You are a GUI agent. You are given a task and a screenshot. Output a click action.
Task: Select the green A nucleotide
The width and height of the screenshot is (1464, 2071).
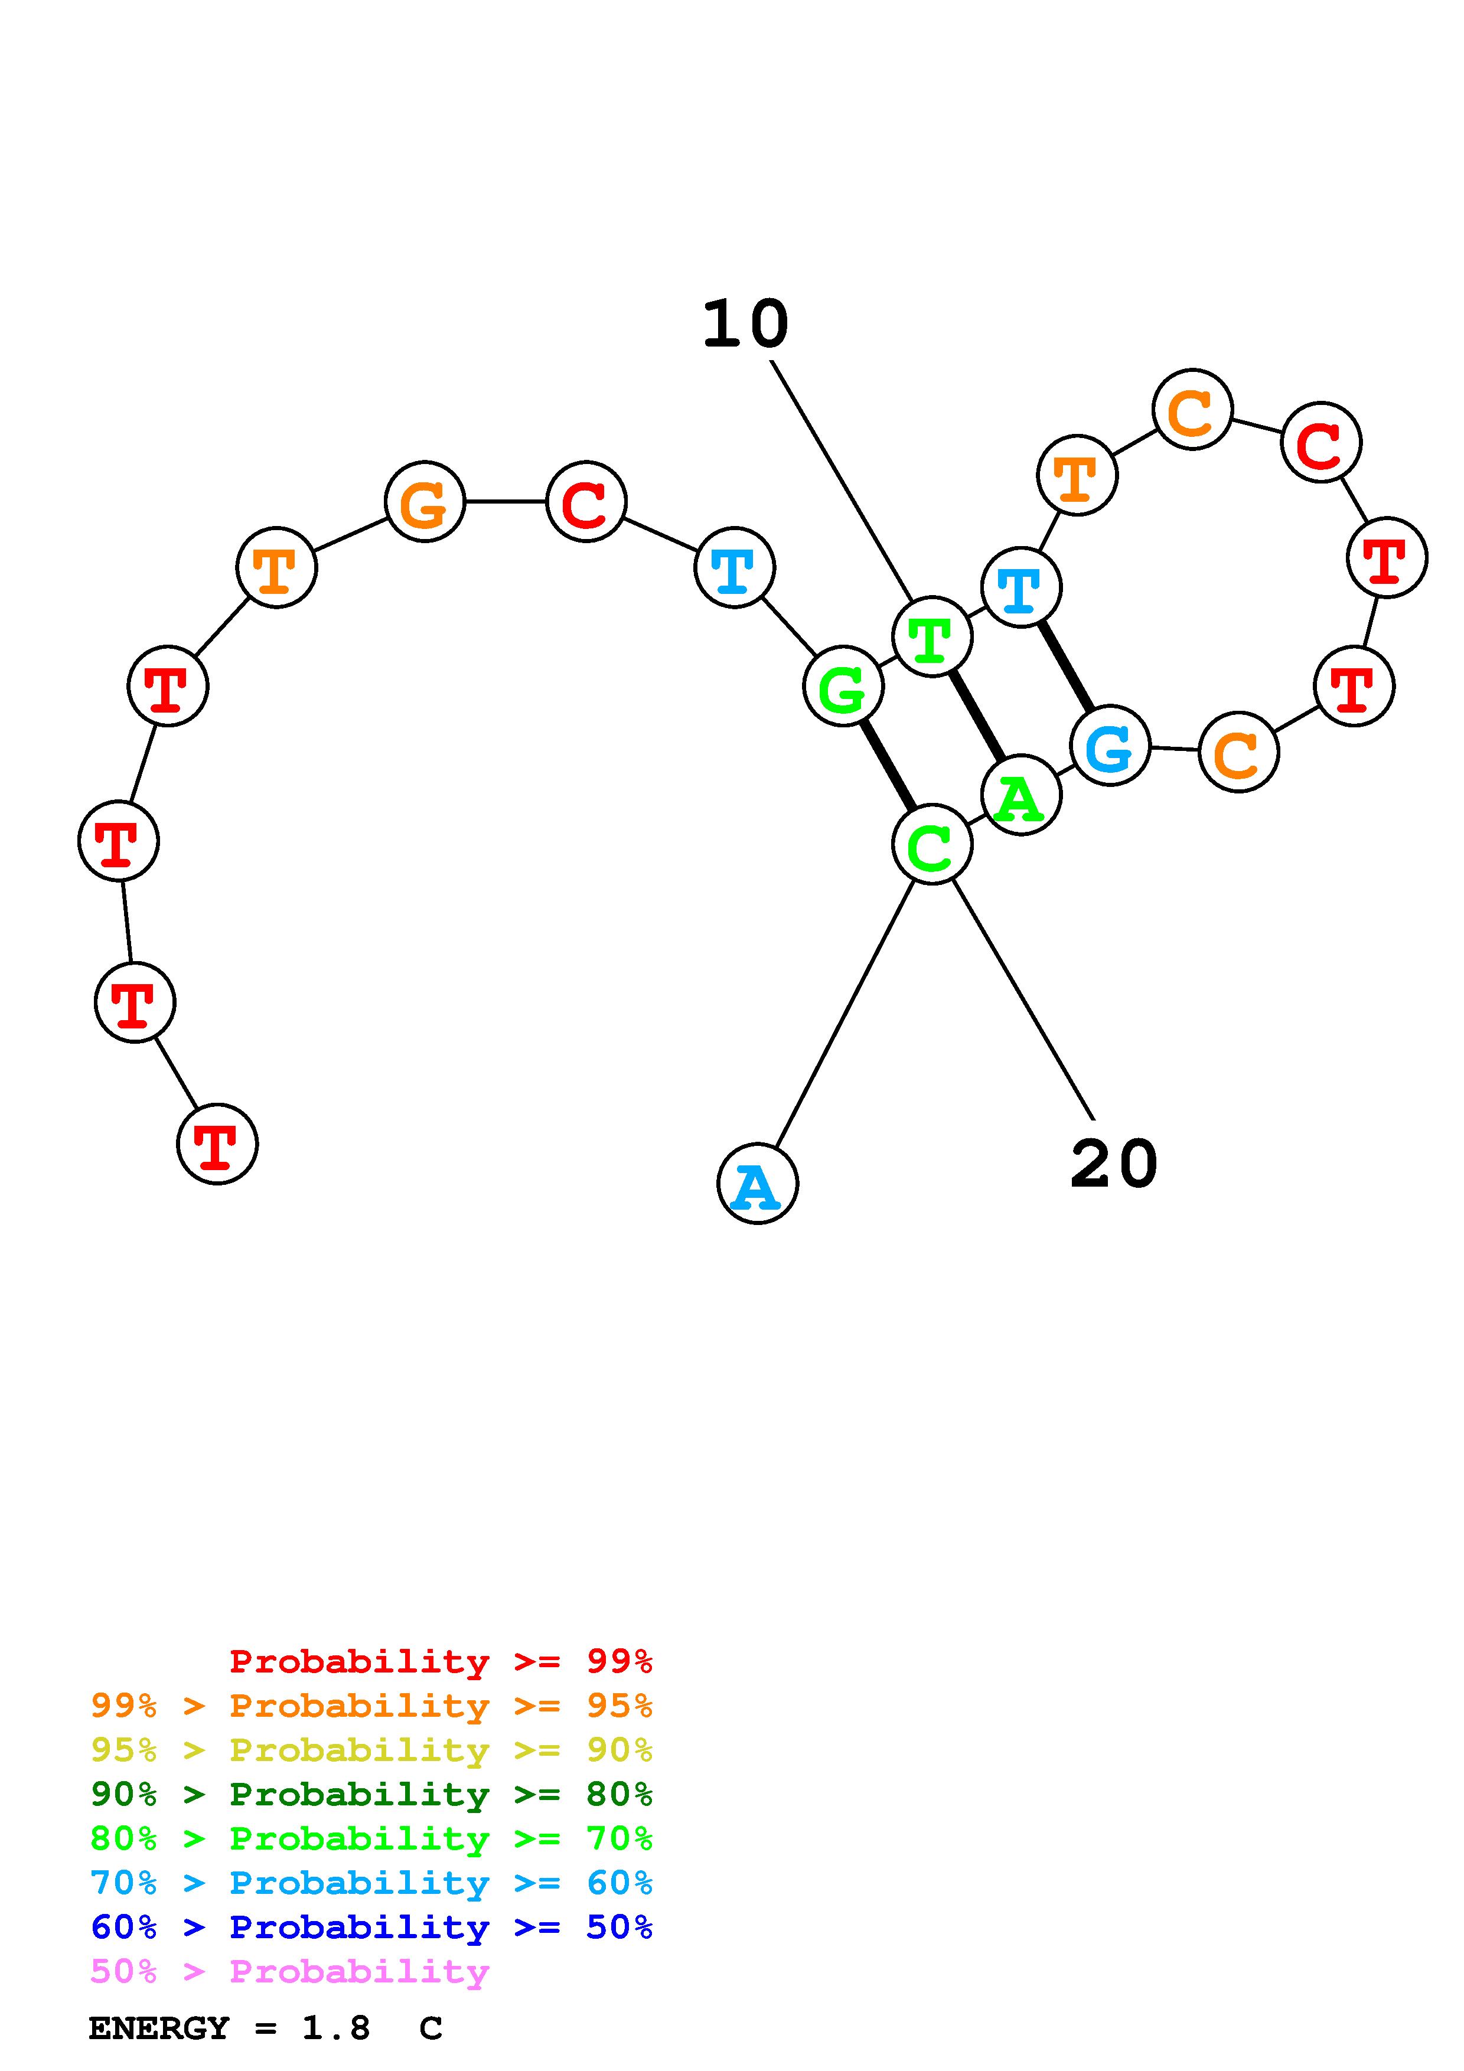pyautogui.click(x=1020, y=796)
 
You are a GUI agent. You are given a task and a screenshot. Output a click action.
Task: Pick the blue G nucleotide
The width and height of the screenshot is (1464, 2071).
pyautogui.click(x=1110, y=746)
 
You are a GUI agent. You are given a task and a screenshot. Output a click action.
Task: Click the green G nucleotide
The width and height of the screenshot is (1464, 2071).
pyautogui.click(x=843, y=687)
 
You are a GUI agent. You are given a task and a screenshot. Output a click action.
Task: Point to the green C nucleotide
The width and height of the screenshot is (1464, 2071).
pyautogui.click(x=932, y=845)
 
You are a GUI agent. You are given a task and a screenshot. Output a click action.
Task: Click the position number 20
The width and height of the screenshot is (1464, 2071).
pyautogui.click(x=1113, y=1164)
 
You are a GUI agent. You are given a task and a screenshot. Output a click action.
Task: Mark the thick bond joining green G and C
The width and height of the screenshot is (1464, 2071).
pyautogui.click(x=888, y=766)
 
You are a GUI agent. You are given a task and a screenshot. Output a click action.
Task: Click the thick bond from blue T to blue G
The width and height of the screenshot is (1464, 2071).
pyautogui.click(x=1065, y=667)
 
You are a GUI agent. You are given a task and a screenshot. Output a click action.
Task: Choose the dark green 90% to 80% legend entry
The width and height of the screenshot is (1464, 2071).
pyautogui.click(x=371, y=1794)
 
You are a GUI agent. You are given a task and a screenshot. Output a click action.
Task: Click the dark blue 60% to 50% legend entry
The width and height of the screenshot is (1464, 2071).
pyautogui.click(x=371, y=1927)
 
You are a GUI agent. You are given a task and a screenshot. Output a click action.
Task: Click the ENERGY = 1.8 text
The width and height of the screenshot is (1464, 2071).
pyautogui.click(x=229, y=2028)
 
